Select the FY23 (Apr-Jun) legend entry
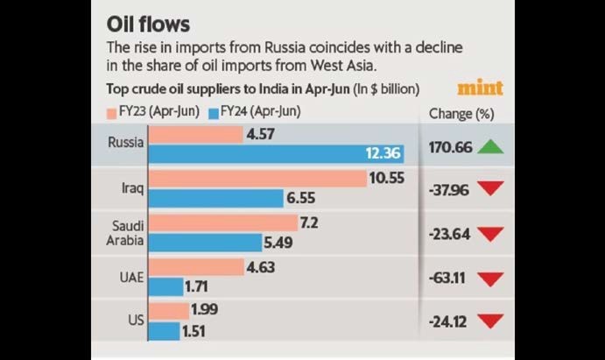pyautogui.click(x=152, y=113)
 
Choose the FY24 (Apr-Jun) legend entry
pyautogui.click(x=255, y=113)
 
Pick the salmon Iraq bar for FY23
pyautogui.click(x=257, y=179)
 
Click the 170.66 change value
pyautogui.click(x=451, y=147)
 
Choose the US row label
pyautogui.click(x=135, y=321)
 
